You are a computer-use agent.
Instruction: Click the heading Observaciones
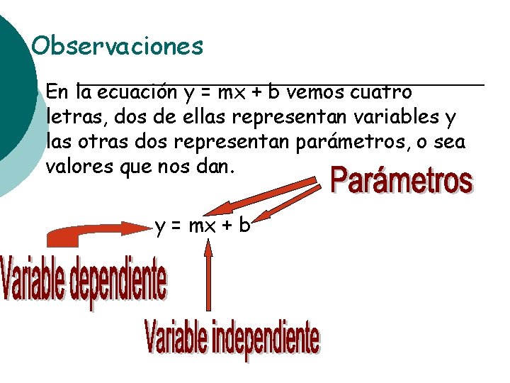[x=118, y=47]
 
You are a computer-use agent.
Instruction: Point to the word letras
[x=70, y=117]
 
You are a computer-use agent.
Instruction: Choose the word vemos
[x=313, y=92]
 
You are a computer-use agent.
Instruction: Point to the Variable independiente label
[x=232, y=339]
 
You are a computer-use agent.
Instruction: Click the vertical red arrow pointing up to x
[x=208, y=277]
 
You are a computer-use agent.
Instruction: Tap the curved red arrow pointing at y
[x=85, y=231]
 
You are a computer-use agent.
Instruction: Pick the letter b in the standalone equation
[x=244, y=226]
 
